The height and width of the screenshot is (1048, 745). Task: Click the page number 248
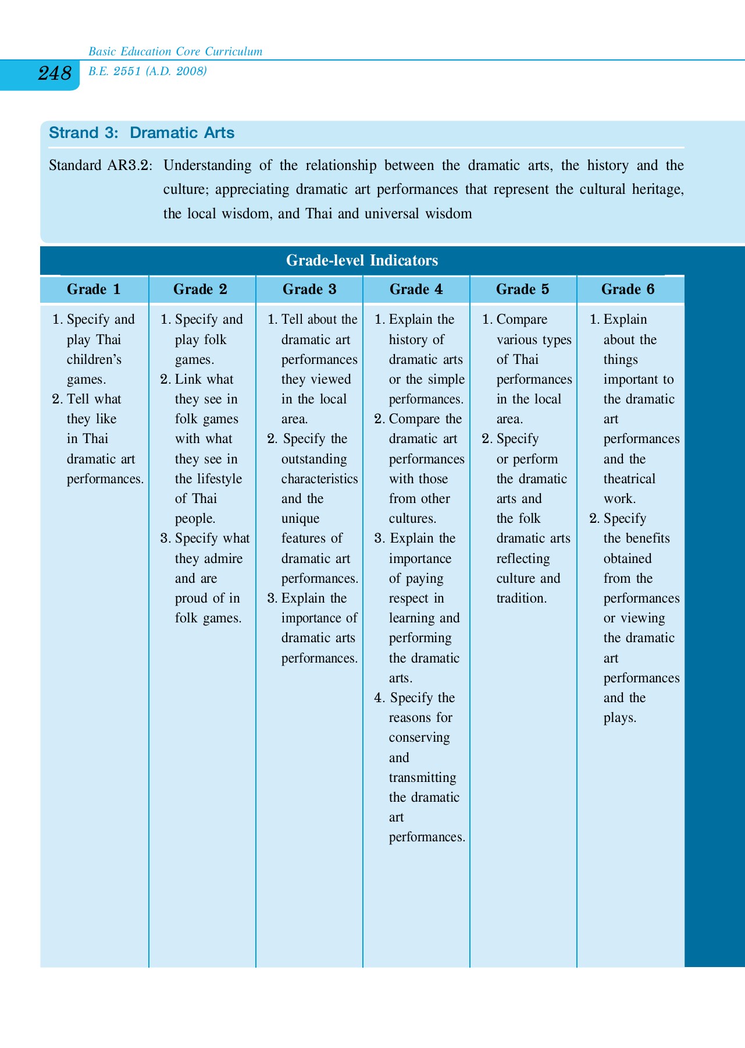(55, 74)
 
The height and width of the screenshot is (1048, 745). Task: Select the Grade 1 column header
(94, 289)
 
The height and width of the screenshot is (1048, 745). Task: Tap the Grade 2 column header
(200, 289)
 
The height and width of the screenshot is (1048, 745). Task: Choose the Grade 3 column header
(309, 289)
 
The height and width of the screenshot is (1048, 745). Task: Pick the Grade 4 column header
(416, 289)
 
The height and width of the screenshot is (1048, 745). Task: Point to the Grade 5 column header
(522, 289)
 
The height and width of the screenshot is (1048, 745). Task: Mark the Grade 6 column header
(628, 289)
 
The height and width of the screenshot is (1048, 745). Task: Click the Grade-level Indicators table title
(362, 260)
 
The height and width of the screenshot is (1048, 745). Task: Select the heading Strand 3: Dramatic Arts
(141, 133)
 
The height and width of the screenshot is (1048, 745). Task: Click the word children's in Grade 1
(94, 360)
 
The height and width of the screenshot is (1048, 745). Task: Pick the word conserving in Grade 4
(419, 738)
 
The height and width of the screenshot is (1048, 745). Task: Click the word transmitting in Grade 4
(422, 778)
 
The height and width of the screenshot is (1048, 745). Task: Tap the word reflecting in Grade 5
(523, 559)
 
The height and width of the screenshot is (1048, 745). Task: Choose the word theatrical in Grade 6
(629, 479)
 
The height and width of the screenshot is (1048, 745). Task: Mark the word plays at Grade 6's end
(619, 718)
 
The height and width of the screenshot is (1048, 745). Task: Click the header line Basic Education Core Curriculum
(175, 52)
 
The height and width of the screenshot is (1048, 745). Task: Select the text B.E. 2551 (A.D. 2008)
(148, 72)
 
